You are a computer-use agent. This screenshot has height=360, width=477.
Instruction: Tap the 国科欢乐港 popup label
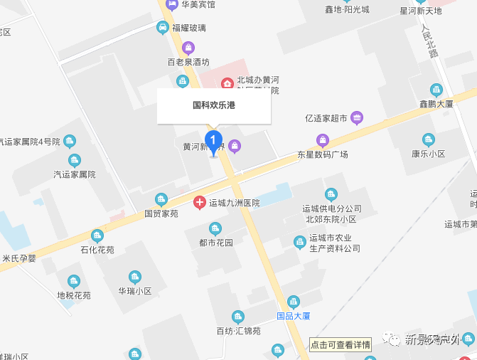213,105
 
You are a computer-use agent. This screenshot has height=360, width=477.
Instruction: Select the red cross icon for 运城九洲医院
200,203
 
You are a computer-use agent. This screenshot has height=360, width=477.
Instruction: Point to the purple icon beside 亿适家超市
357,117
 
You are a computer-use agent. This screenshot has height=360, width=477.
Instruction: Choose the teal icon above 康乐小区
428,139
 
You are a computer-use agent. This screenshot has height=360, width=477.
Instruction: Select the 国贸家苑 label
161,213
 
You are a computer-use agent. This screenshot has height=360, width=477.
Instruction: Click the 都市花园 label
215,242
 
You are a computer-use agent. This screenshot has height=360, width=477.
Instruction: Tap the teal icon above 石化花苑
97,235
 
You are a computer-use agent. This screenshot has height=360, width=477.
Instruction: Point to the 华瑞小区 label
135,291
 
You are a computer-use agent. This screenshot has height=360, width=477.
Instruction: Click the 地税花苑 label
74,295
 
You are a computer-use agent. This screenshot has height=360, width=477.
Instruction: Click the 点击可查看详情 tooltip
341,345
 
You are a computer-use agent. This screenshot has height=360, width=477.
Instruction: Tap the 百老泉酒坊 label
188,62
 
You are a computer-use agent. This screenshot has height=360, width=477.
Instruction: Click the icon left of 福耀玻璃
163,28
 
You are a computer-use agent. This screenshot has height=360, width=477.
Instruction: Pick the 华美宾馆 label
198,4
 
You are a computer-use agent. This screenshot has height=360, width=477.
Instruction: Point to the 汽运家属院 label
74,174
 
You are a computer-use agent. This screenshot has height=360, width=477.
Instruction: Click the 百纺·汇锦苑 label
238,331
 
